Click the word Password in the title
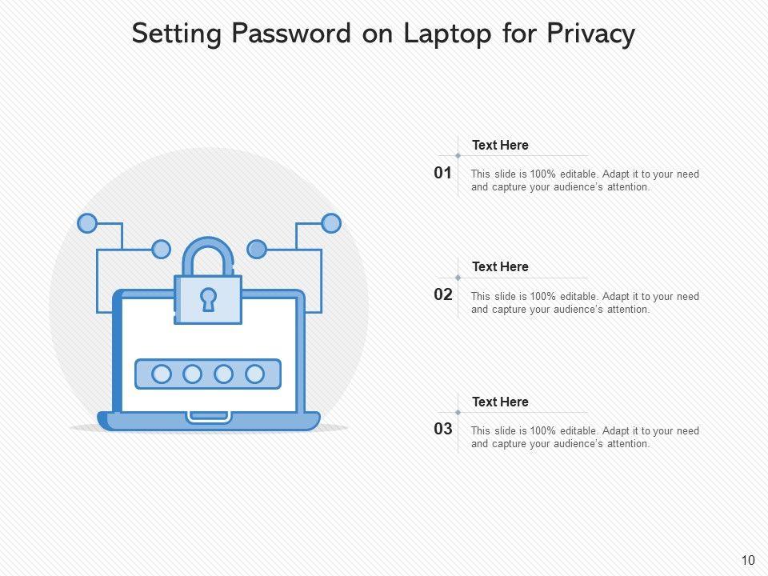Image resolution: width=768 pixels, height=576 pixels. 290,34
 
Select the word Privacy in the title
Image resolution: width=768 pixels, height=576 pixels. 591,34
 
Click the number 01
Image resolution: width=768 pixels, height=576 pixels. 443,173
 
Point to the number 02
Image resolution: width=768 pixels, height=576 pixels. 443,294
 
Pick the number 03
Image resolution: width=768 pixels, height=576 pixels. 443,430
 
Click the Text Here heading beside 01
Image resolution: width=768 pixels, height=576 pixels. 500,146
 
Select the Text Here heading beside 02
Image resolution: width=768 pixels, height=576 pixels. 500,267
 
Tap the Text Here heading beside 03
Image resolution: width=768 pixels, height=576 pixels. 500,402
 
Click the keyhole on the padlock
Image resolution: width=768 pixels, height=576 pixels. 208,299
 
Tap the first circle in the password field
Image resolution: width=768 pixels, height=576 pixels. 162,374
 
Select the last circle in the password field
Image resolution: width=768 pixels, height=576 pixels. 254,374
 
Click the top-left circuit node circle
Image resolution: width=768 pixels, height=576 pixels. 86,223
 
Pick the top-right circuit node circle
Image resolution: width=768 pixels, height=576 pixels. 330,223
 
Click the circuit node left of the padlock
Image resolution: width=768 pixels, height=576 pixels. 161,249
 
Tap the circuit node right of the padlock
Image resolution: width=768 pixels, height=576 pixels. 257,249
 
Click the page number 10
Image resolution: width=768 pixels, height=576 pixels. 748,561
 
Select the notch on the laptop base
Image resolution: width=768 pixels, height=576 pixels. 209,417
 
